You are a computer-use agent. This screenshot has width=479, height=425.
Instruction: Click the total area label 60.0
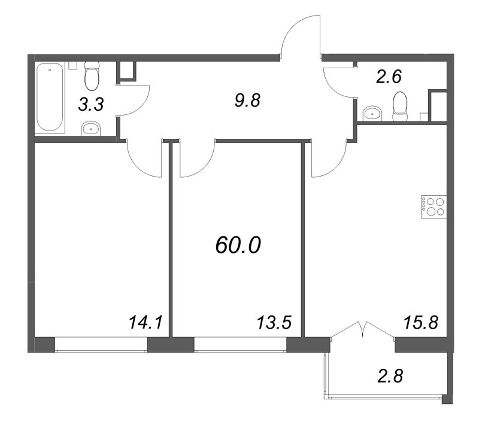click(238, 245)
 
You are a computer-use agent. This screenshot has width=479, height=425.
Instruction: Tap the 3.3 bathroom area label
click(91, 104)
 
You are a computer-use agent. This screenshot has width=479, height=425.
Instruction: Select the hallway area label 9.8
click(247, 100)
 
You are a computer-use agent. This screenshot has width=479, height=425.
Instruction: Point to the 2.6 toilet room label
click(389, 77)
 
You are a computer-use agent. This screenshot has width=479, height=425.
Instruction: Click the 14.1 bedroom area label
click(145, 323)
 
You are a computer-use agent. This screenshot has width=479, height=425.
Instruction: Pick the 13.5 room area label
click(275, 323)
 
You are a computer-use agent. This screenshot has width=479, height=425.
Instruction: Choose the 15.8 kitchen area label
click(422, 323)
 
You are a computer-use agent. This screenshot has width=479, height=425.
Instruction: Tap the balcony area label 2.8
click(390, 376)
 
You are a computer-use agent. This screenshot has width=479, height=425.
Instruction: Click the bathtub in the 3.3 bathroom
click(50, 97)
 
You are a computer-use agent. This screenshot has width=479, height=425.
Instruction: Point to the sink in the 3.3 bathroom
click(91, 129)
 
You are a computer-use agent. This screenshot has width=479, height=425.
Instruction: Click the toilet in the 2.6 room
click(400, 107)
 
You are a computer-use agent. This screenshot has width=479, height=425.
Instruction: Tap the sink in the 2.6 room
click(372, 114)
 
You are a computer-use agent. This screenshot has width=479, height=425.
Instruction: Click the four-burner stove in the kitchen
click(433, 207)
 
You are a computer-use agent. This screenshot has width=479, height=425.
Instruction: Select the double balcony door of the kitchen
click(362, 329)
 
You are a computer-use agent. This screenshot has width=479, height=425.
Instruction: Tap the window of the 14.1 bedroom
click(101, 345)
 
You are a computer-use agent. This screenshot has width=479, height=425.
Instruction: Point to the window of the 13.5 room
click(241, 345)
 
